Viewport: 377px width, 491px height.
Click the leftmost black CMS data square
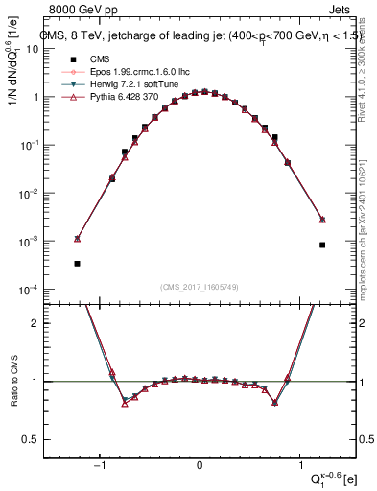77,263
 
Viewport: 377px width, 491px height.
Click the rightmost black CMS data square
323,245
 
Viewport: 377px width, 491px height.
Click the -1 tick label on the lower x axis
99,465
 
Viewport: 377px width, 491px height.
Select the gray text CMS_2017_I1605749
200,286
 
